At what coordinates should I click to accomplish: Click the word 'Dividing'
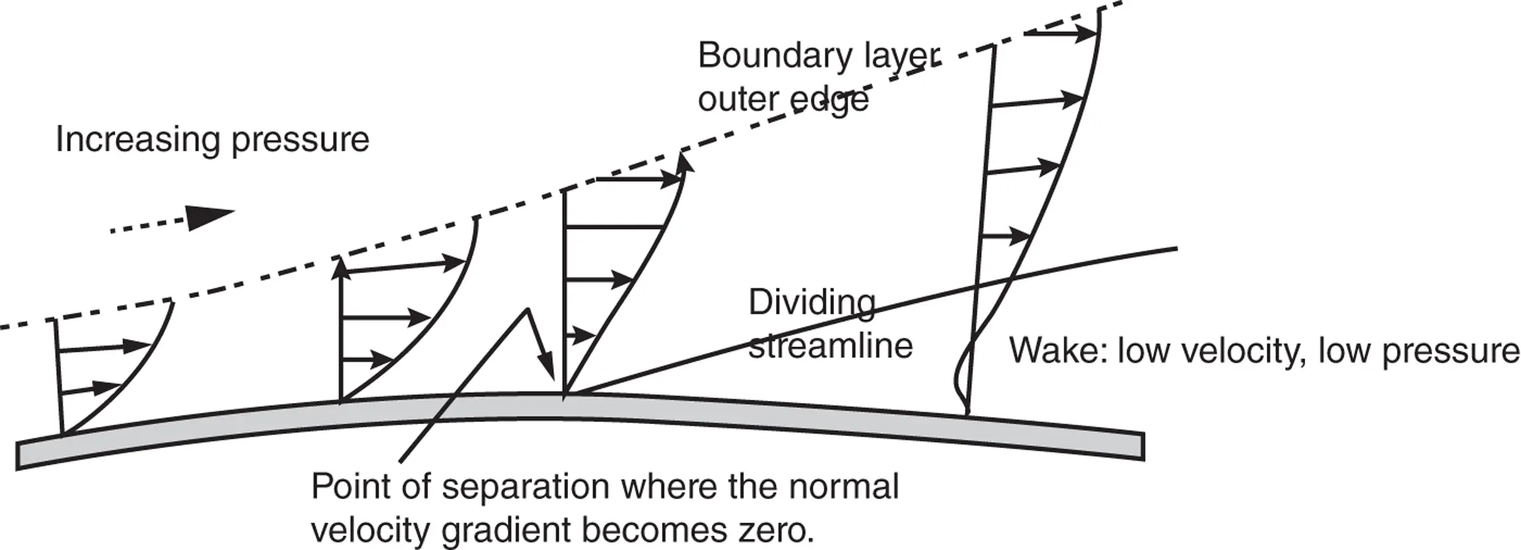click(811, 303)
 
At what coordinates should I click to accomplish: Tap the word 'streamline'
click(830, 346)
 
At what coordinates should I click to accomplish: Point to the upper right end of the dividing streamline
click(1175, 249)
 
